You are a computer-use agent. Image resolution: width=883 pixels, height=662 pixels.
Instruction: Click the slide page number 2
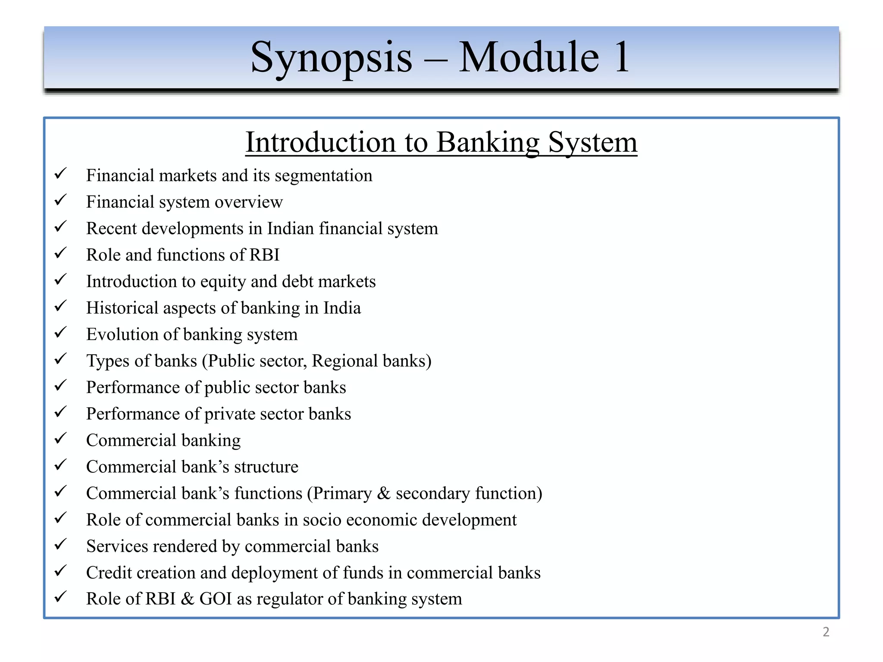[826, 632]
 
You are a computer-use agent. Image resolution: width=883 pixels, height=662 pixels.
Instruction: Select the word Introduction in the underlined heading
[321, 142]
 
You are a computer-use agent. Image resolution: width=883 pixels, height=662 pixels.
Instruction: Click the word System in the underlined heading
[592, 142]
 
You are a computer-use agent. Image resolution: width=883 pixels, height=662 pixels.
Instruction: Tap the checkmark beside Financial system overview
[60, 200]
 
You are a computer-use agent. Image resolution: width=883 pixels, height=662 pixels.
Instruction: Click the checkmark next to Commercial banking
[60, 438]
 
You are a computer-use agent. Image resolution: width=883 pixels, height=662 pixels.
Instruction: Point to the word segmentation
[323, 176]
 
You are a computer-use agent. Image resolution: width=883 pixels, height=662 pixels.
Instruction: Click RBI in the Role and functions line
[264, 255]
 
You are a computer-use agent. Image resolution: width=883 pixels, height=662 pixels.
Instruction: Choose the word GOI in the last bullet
[215, 599]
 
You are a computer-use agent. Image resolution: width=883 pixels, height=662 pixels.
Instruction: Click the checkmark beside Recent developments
[60, 226]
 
